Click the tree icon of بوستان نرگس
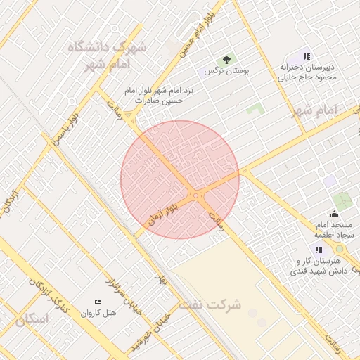226,60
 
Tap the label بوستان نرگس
226,72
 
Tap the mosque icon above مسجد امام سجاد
334,214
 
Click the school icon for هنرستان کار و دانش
319,249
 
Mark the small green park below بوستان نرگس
255,110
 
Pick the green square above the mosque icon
344,202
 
